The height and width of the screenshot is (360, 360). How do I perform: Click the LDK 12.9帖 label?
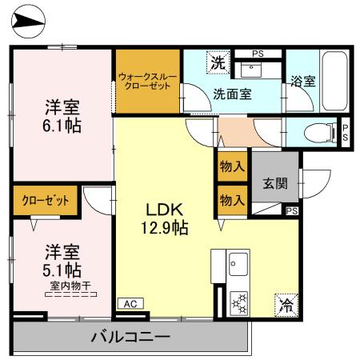tap(166, 218)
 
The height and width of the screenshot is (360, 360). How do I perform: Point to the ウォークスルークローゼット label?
tap(146, 81)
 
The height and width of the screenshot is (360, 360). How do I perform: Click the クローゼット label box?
tap(45, 200)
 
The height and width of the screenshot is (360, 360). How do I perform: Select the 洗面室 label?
tap(232, 93)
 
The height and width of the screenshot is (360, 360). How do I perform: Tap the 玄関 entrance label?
tap(275, 182)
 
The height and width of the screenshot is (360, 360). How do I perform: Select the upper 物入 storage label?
tap(231, 166)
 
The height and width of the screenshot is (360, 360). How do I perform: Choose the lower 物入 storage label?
tap(231, 199)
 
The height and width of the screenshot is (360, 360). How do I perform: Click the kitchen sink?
tap(238, 262)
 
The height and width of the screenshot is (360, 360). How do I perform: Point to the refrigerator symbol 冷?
tap(285, 304)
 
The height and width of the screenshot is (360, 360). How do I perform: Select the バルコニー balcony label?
tap(129, 337)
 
